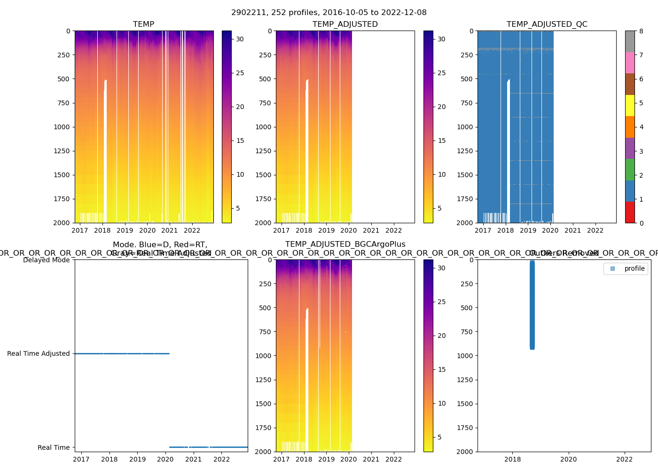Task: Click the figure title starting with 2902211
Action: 329,13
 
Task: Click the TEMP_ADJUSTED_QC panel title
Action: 547,24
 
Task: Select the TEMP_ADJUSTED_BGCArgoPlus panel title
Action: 345,244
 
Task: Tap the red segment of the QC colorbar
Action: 630,212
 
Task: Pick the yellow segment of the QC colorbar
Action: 630,106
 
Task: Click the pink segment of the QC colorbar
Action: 630,63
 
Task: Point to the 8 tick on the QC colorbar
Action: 641,31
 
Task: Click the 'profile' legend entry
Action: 634,268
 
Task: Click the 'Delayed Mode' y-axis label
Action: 46,260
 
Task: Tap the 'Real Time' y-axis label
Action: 54,447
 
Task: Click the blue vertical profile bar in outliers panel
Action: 532,305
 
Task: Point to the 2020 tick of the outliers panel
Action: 569,459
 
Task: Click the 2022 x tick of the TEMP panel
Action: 192,230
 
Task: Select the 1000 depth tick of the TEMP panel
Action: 62,127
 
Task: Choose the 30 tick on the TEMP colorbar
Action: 240,39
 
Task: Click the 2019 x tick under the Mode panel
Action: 137,459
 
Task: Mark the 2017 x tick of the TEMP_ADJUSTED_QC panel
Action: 483,230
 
